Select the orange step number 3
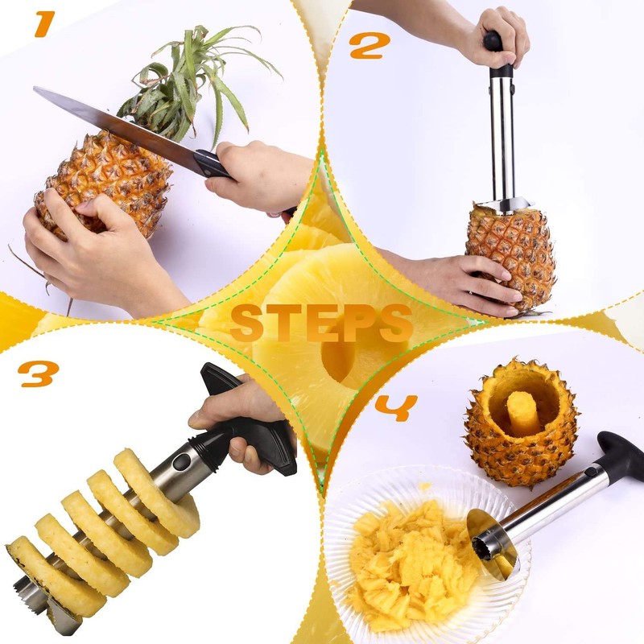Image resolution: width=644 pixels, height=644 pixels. pos(39,373)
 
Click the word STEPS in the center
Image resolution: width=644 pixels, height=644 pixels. pos(321,323)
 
